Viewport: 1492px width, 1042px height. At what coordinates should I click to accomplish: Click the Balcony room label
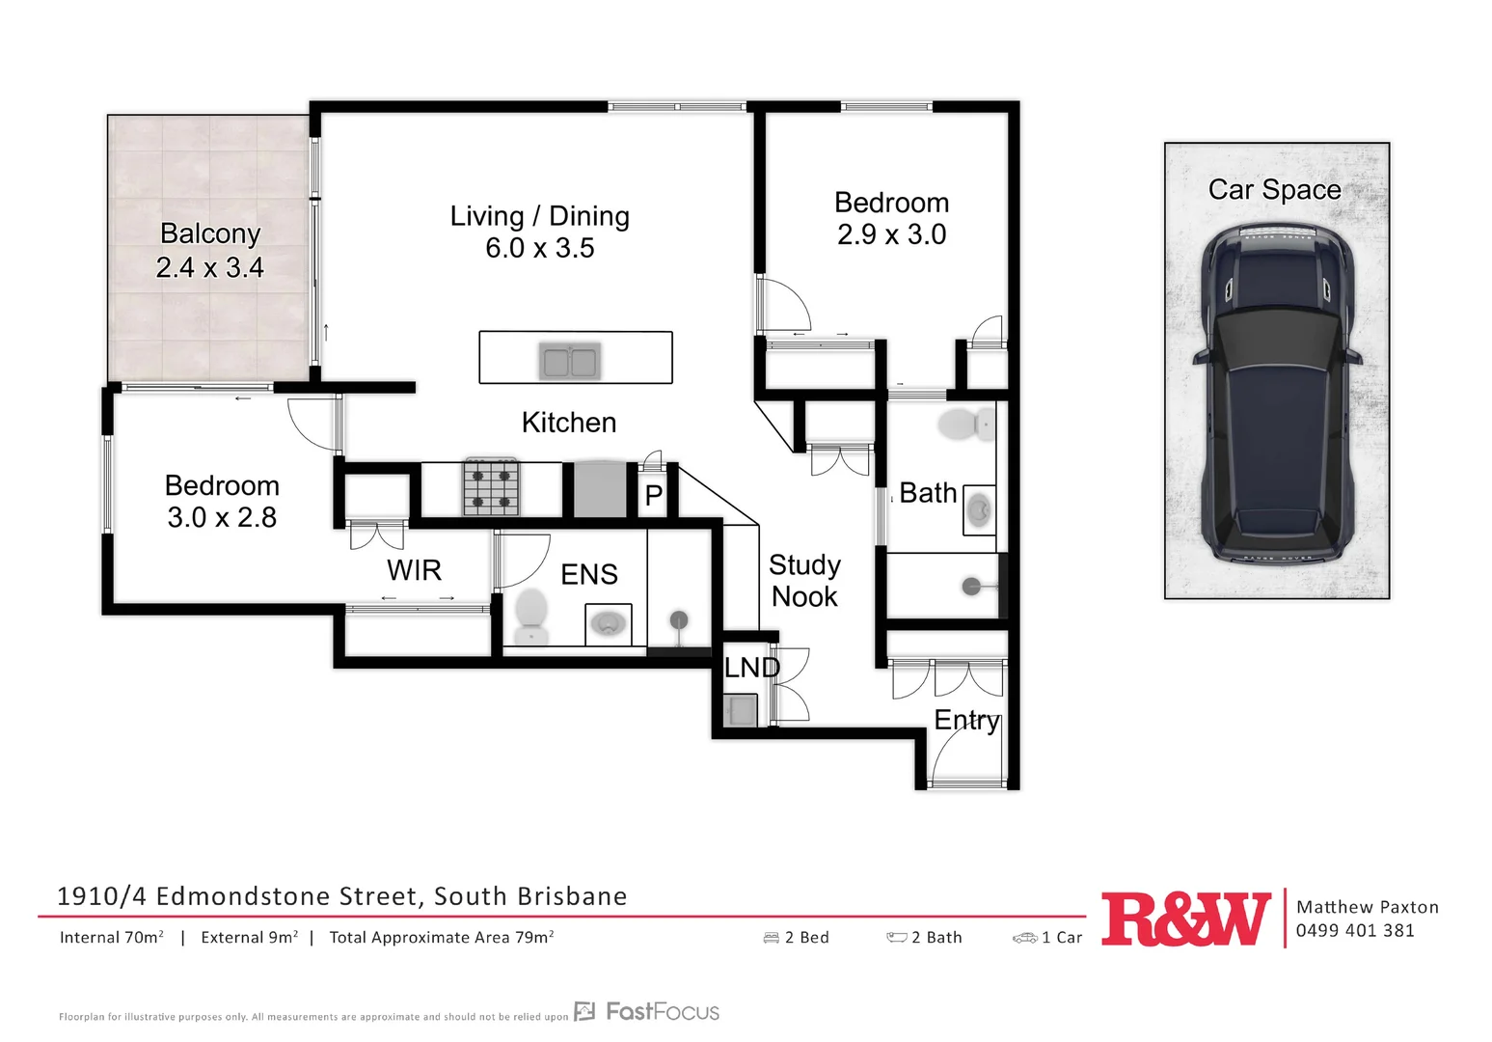point(210,233)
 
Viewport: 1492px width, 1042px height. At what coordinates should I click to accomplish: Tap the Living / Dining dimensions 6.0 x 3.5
point(539,248)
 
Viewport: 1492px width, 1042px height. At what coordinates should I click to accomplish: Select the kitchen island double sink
point(569,362)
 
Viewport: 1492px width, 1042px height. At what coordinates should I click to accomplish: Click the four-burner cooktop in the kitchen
point(492,487)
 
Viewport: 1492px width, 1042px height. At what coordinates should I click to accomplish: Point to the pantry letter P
point(654,495)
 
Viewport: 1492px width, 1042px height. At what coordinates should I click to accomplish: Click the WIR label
point(414,570)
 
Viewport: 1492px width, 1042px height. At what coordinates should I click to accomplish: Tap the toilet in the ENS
point(531,615)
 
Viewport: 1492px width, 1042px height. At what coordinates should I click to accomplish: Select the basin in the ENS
point(608,623)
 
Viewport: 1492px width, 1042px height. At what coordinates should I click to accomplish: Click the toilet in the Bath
point(964,424)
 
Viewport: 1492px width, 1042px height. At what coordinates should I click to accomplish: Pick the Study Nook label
point(804,580)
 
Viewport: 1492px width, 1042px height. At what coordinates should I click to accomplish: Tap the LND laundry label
point(751,667)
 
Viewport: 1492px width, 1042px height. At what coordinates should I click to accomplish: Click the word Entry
point(966,720)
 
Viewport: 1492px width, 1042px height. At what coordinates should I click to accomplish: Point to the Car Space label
point(1274,189)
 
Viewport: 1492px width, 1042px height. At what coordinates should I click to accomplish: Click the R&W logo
point(1185,919)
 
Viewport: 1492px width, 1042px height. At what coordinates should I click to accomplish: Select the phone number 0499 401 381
point(1355,930)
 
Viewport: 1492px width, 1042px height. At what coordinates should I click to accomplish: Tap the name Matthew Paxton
point(1367,907)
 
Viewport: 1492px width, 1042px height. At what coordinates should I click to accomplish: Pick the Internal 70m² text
point(112,937)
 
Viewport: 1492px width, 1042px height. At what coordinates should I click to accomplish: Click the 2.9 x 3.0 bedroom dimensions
point(891,234)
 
